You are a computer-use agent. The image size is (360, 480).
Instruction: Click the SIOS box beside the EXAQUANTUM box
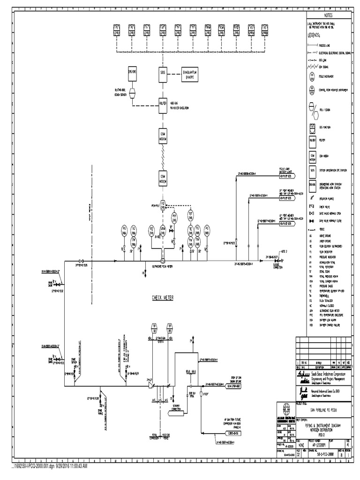click(162, 73)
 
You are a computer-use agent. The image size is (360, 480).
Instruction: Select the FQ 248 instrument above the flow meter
click(163, 204)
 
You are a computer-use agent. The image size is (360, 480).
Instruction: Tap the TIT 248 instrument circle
click(190, 215)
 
